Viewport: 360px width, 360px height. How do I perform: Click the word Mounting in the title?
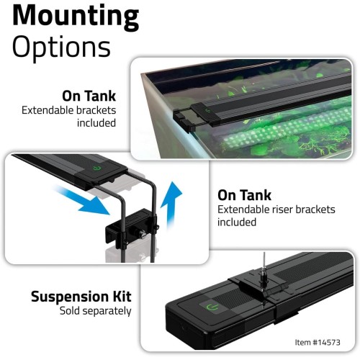click(75, 16)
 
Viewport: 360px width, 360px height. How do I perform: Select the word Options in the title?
click(61, 47)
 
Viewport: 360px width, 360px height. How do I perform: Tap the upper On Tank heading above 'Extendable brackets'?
click(90, 96)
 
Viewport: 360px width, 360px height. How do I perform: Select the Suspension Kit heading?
click(81, 296)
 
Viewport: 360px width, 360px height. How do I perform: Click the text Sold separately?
click(95, 311)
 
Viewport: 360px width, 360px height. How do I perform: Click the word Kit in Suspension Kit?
click(120, 296)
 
